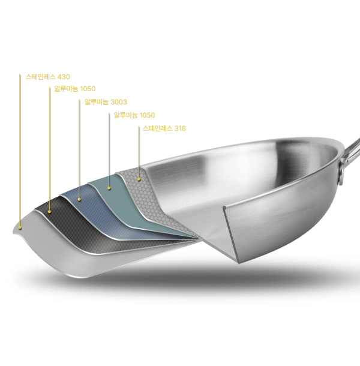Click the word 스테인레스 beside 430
coord(40,77)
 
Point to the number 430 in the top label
coord(64,77)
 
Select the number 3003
coord(119,102)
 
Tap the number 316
coord(180,128)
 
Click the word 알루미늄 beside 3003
coord(96,102)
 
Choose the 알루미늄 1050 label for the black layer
coord(75,89)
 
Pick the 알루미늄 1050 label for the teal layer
coord(134,115)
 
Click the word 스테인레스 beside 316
coord(157,128)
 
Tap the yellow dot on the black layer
coord(49,212)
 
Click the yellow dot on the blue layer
coord(79,199)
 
